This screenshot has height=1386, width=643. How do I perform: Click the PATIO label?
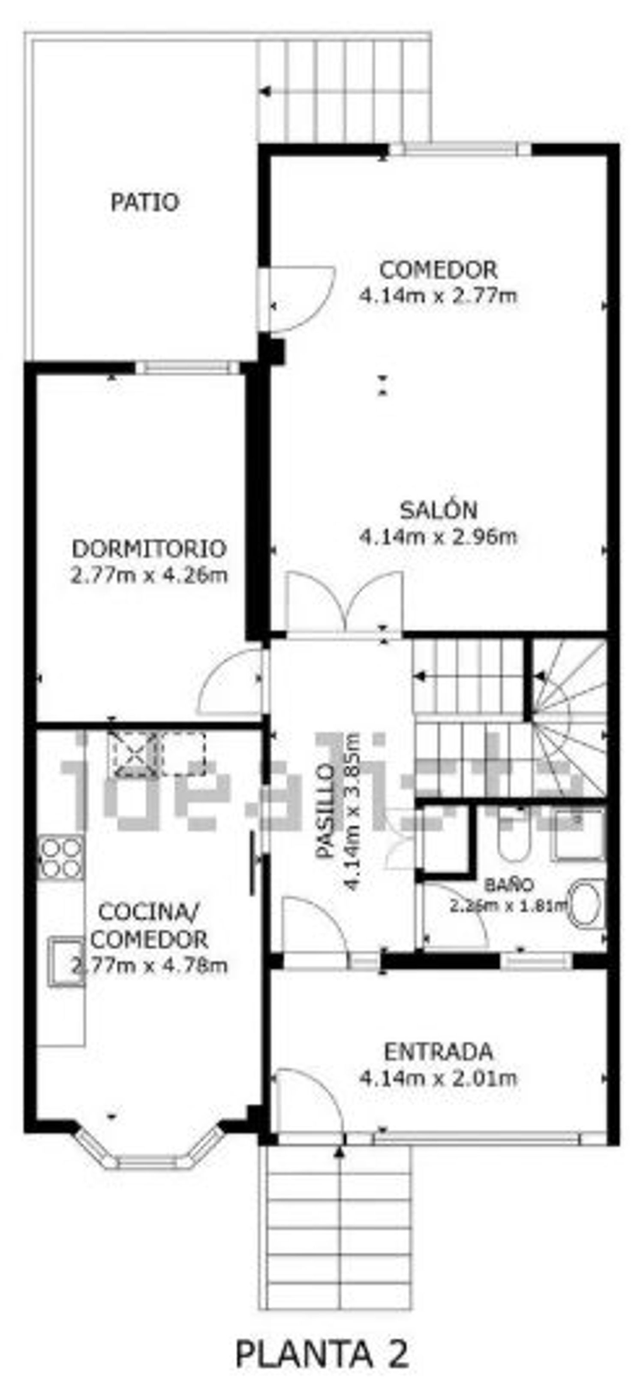point(144,202)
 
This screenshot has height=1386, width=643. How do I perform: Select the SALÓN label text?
point(439,510)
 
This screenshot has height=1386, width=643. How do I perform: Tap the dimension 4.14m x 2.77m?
point(439,296)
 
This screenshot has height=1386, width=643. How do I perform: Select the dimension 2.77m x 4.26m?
point(149,575)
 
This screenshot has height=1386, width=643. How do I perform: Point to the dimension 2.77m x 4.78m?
point(149,966)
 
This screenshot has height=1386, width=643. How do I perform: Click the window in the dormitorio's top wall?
point(186,368)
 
